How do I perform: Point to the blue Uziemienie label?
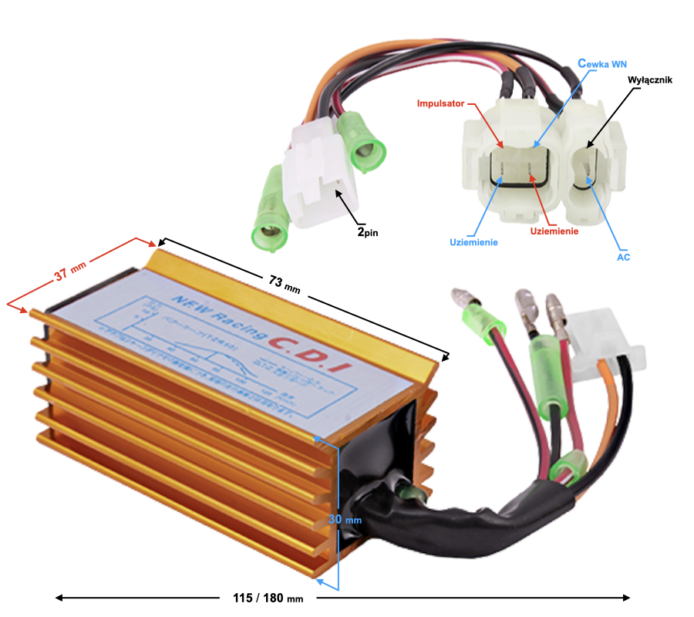[x=473, y=242]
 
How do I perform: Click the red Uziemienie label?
[x=554, y=230]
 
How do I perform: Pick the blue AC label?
[x=623, y=257]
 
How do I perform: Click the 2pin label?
[x=368, y=230]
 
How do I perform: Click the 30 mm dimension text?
[x=345, y=519]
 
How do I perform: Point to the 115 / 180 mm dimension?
[x=268, y=598]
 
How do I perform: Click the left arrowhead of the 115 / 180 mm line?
[x=58, y=598]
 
